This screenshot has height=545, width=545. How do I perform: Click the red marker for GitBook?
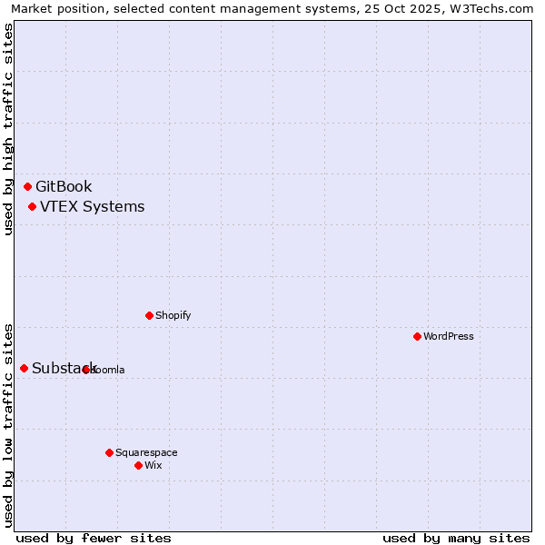[x=27, y=186]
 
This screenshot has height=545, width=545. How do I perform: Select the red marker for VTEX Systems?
[x=32, y=206]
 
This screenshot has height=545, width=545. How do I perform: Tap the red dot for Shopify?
[x=149, y=315]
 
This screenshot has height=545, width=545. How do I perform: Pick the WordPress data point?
[x=417, y=336]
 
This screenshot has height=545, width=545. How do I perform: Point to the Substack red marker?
[x=24, y=368]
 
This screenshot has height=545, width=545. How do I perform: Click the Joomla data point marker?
[x=85, y=370]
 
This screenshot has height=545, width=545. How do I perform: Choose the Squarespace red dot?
[x=109, y=452]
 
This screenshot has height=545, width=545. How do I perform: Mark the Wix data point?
[x=138, y=465]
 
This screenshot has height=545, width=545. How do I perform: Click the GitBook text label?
[x=64, y=187]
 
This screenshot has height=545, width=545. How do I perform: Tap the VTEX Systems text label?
[x=92, y=207]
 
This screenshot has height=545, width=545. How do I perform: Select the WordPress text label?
[x=448, y=337]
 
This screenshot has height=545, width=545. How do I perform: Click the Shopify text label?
[x=173, y=316]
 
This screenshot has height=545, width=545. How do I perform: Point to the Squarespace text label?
[x=146, y=453]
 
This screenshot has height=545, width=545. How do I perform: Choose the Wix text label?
[x=153, y=466]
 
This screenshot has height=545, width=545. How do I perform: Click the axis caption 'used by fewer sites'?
[x=94, y=538]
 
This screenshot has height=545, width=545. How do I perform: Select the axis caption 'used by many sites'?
[x=456, y=538]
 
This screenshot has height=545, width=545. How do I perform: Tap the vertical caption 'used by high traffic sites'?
[x=9, y=129]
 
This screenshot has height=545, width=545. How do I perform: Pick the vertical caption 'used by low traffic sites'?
[x=9, y=424]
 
